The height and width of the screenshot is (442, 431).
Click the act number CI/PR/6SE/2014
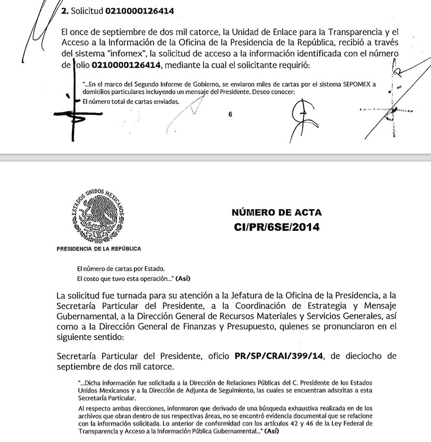coord(277,227)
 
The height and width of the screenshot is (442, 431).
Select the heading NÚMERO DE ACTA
coord(277,213)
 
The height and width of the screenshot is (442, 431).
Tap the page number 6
coord(230,115)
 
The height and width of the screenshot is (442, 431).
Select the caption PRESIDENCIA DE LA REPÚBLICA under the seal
coord(99,249)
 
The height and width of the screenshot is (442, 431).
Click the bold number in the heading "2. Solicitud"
coord(140,10)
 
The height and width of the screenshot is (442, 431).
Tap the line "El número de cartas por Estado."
coord(120,269)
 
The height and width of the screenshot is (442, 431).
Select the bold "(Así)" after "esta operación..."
coord(183,279)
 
